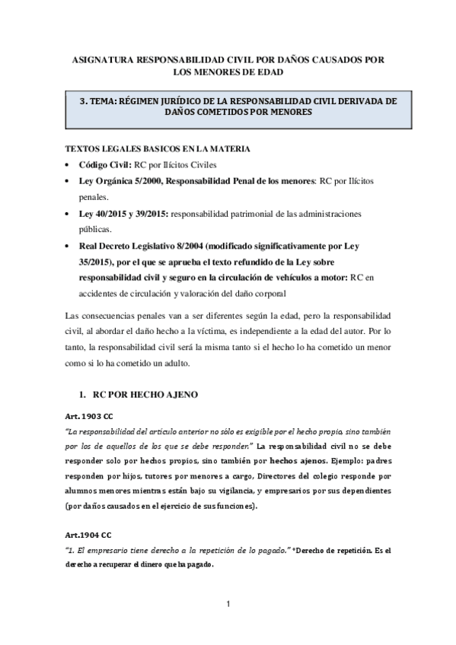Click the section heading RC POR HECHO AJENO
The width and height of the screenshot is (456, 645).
tap(144, 396)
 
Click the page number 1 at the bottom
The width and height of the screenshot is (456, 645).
tap(228, 604)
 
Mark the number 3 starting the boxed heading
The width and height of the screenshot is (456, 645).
tap(83, 98)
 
